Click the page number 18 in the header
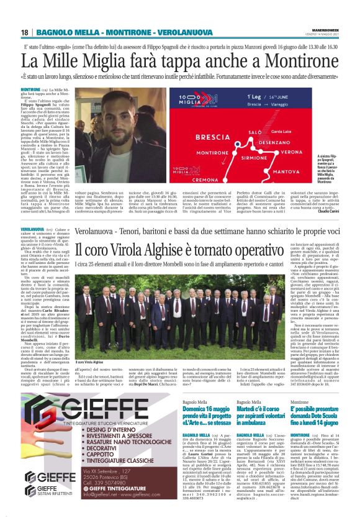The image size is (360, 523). click(x=24, y=32)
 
